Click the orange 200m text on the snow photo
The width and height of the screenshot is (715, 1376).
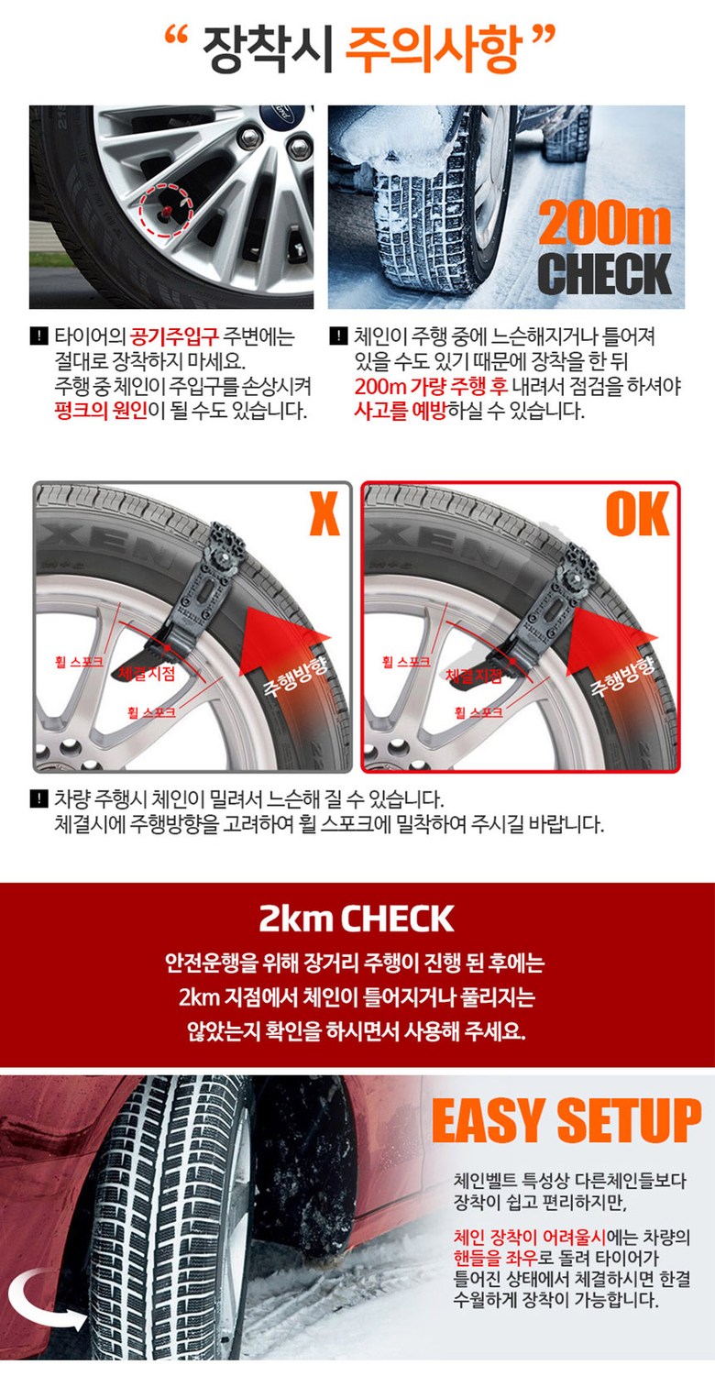604,225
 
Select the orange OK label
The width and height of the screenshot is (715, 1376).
637,514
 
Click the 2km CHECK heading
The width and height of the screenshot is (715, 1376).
357,919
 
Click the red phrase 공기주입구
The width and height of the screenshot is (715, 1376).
174,336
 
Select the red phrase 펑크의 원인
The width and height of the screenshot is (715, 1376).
102,411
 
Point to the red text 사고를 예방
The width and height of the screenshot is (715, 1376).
400,411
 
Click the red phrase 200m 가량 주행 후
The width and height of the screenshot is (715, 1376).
431,386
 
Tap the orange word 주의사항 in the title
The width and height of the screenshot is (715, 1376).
434,48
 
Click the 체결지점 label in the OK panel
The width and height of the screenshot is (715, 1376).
474,677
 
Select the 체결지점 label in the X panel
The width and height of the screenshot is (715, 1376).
147,673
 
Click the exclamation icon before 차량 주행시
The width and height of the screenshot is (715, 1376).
38,798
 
